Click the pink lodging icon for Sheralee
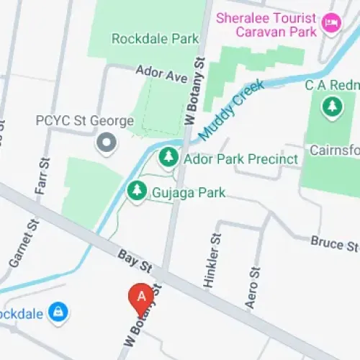tap(331, 24)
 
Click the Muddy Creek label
tap(231, 109)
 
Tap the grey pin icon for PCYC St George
tap(107, 143)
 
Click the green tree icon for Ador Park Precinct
tap(168, 156)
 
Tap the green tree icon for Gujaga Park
tap(136, 191)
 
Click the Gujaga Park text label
tap(189, 193)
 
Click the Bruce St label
tap(334, 243)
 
